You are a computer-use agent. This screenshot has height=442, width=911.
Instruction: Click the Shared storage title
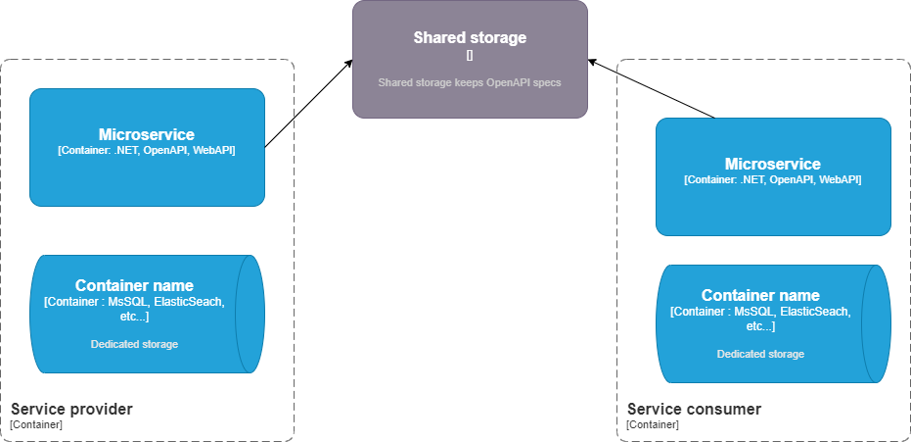click(x=470, y=38)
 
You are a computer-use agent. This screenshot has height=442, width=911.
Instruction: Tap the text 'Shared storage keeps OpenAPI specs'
click(x=470, y=82)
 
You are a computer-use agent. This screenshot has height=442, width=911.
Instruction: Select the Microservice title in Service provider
click(x=147, y=134)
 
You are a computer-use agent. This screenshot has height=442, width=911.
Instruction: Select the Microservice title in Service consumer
click(x=773, y=164)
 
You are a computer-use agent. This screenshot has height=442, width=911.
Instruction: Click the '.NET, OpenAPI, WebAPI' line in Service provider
click(x=147, y=151)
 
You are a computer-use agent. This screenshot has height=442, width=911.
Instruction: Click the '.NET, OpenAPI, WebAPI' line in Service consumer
click(x=773, y=180)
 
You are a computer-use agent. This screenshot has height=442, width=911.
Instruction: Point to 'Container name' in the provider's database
click(x=134, y=285)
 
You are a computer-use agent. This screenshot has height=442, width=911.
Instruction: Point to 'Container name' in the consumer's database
click(x=760, y=295)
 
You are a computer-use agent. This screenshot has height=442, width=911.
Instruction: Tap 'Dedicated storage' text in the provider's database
click(x=134, y=344)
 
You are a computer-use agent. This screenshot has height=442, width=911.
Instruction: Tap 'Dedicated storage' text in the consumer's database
click(x=760, y=354)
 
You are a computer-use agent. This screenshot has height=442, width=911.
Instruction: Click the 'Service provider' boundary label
click(x=71, y=409)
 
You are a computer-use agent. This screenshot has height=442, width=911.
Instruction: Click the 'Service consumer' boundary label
click(x=694, y=409)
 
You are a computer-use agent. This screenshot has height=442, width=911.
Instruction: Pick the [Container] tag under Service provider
click(x=36, y=424)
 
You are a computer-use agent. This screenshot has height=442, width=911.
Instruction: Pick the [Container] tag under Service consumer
click(x=653, y=424)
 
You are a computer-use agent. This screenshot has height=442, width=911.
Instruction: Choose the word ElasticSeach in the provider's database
click(x=189, y=302)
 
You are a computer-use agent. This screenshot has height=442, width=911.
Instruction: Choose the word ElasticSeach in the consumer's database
click(x=815, y=312)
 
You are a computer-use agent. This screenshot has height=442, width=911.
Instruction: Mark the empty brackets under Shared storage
click(x=470, y=56)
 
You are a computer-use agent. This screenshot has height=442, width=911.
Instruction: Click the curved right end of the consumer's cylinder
click(x=877, y=323)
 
